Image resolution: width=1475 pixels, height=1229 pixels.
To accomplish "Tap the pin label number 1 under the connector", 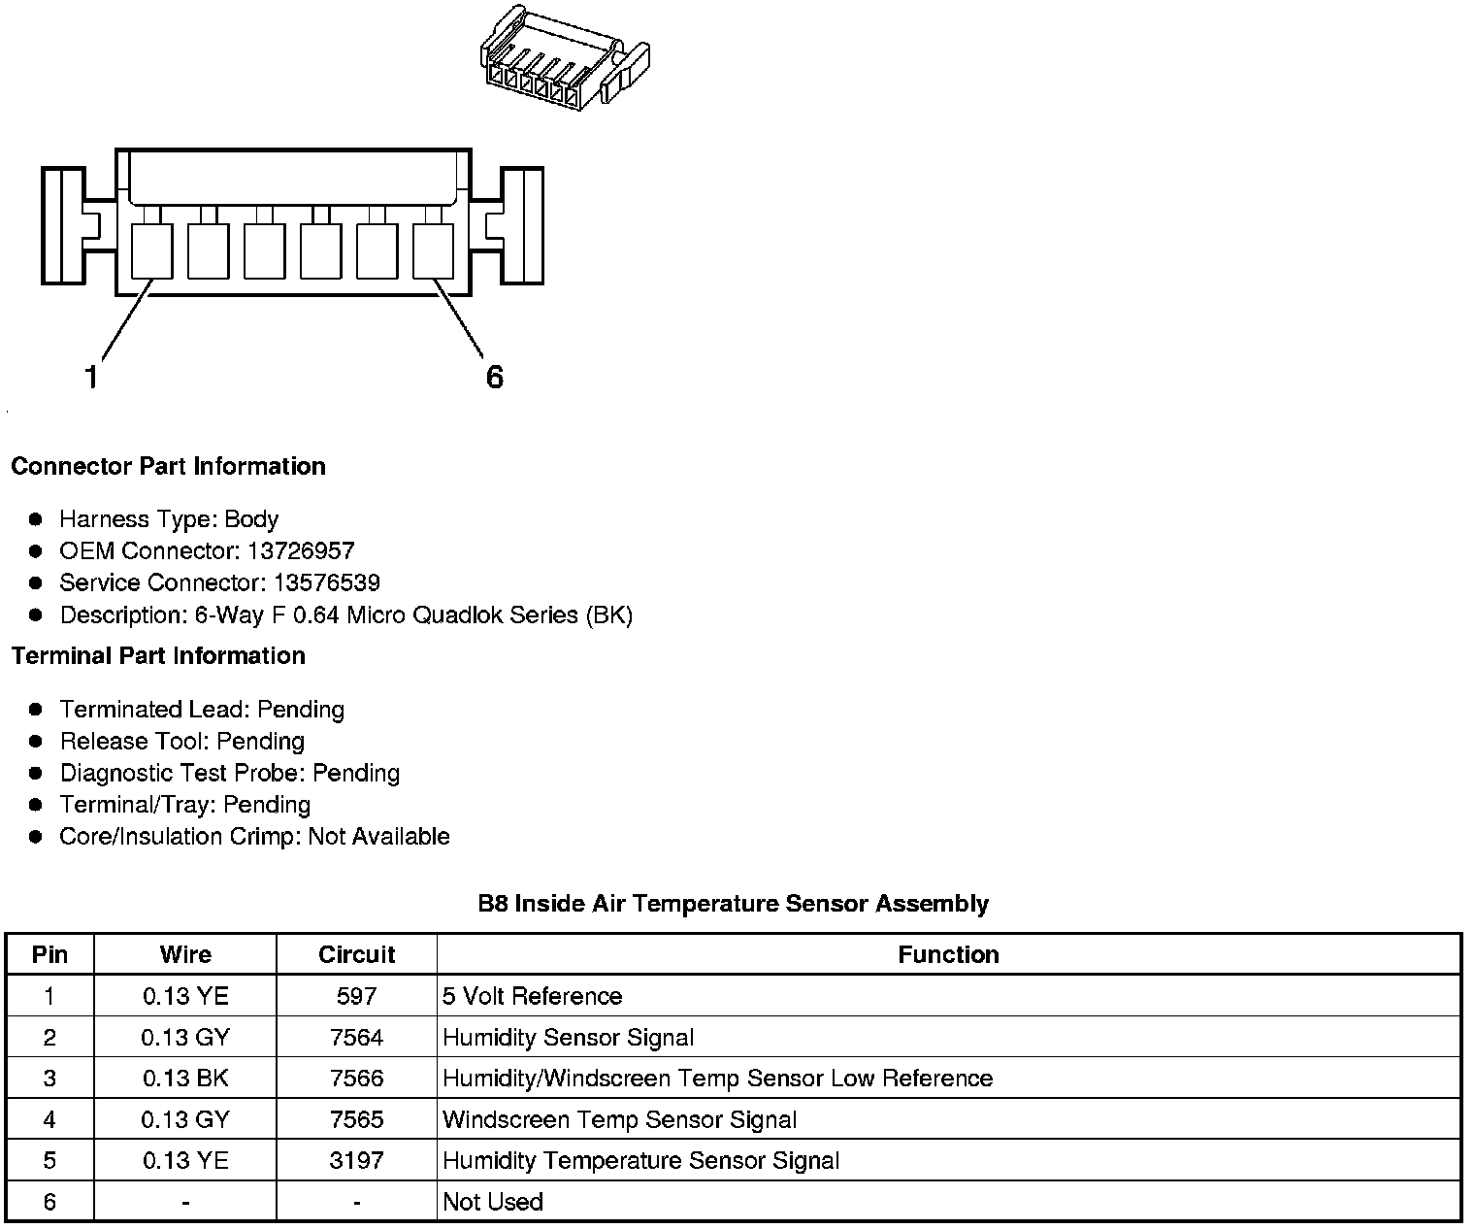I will (91, 377).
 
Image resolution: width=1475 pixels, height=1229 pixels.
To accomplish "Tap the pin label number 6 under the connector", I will (495, 377).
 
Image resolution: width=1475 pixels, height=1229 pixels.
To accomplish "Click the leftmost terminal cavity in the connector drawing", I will (151, 251).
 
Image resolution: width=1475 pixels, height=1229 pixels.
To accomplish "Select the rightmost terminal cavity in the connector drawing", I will (434, 251).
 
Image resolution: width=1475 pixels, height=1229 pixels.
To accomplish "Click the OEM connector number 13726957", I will (301, 551).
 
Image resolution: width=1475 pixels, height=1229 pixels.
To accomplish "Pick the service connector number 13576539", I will (326, 583).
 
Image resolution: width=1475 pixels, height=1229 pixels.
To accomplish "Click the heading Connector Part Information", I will (168, 467).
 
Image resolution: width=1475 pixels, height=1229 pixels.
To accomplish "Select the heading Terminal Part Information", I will (158, 656).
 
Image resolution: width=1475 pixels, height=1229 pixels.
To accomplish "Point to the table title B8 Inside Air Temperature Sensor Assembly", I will (733, 904).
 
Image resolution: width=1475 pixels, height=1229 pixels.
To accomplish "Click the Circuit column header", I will (356, 955).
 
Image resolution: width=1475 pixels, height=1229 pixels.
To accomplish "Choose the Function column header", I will (948, 955).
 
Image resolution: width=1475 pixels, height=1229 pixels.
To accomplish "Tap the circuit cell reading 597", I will (356, 997).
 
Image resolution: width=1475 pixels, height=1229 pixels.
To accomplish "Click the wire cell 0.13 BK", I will (185, 1079).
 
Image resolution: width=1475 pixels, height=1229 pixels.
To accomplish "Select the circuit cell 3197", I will (356, 1161).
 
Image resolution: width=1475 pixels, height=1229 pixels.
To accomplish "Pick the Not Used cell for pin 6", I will (493, 1202).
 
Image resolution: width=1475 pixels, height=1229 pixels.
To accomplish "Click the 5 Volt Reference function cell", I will (532, 997).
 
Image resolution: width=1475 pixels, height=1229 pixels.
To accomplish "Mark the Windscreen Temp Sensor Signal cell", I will (619, 1120).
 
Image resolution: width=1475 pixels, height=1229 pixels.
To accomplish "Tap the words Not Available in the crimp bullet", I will (378, 837).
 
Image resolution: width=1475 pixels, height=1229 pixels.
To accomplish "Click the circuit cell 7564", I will (356, 1038).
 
